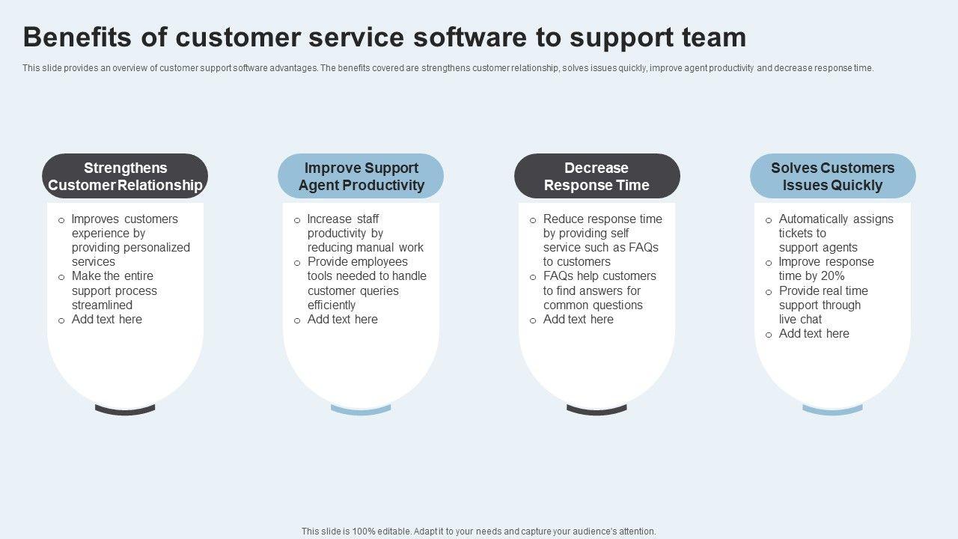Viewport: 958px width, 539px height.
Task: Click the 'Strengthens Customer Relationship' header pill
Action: [125, 177]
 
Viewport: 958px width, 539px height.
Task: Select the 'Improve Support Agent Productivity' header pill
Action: [361, 177]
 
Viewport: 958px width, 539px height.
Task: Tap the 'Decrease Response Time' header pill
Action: [597, 177]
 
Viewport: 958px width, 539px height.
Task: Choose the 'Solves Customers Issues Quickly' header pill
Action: [832, 177]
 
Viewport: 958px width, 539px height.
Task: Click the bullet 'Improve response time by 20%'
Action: [826, 269]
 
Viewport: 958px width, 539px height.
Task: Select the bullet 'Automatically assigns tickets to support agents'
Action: [835, 233]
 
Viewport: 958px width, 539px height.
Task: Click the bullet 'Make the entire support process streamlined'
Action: [114, 290]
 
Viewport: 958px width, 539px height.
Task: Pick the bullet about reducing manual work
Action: [364, 233]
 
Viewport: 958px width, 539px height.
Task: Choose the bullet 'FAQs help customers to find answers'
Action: [599, 290]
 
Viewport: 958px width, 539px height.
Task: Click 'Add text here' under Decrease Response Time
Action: [578, 320]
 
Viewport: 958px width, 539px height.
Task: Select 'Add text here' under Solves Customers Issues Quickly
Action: [814, 334]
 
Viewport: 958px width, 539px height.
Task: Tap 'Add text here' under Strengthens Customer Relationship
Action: [106, 320]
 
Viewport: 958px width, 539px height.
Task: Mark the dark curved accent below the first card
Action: [125, 409]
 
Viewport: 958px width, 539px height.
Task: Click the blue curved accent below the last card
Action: [832, 409]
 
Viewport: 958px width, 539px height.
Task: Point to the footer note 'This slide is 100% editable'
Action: [478, 532]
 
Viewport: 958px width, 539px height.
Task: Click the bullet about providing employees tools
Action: [366, 283]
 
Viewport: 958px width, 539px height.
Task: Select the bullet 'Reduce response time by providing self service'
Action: [602, 240]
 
